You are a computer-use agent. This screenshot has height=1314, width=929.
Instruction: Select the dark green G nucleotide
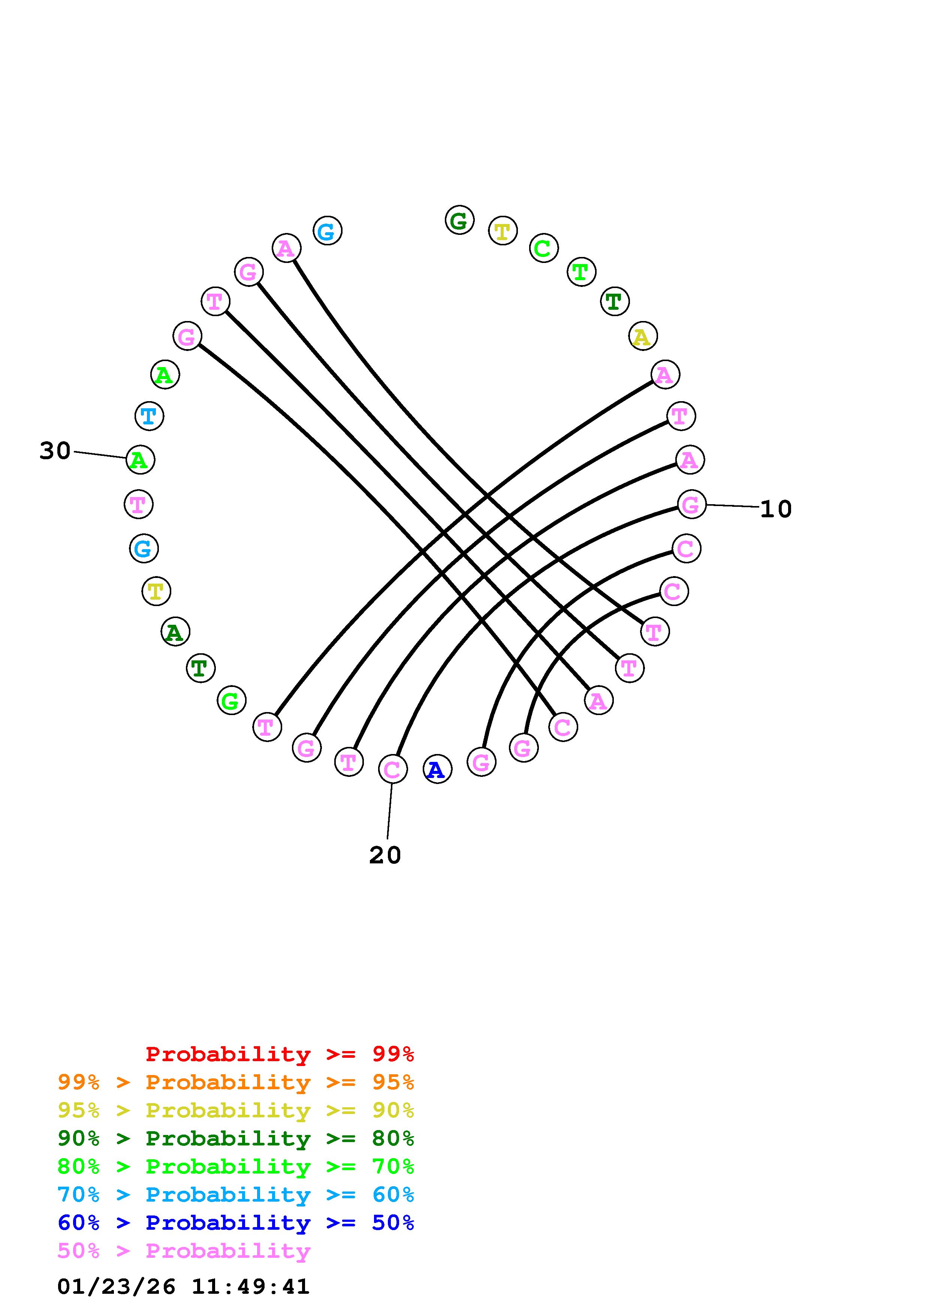[459, 220]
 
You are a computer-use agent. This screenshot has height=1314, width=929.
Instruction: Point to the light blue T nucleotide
[149, 416]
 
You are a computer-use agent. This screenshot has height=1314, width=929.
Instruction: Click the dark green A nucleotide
[175, 632]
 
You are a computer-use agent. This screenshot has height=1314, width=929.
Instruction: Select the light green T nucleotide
[581, 272]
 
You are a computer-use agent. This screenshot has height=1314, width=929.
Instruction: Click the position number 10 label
[776, 509]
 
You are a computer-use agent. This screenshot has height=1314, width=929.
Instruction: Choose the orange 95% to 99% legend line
[236, 1082]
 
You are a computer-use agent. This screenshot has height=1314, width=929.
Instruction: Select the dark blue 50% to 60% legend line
[236, 1223]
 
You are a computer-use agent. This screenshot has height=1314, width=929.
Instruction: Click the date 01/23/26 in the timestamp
[116, 1287]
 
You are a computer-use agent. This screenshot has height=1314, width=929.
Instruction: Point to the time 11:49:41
[250, 1287]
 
